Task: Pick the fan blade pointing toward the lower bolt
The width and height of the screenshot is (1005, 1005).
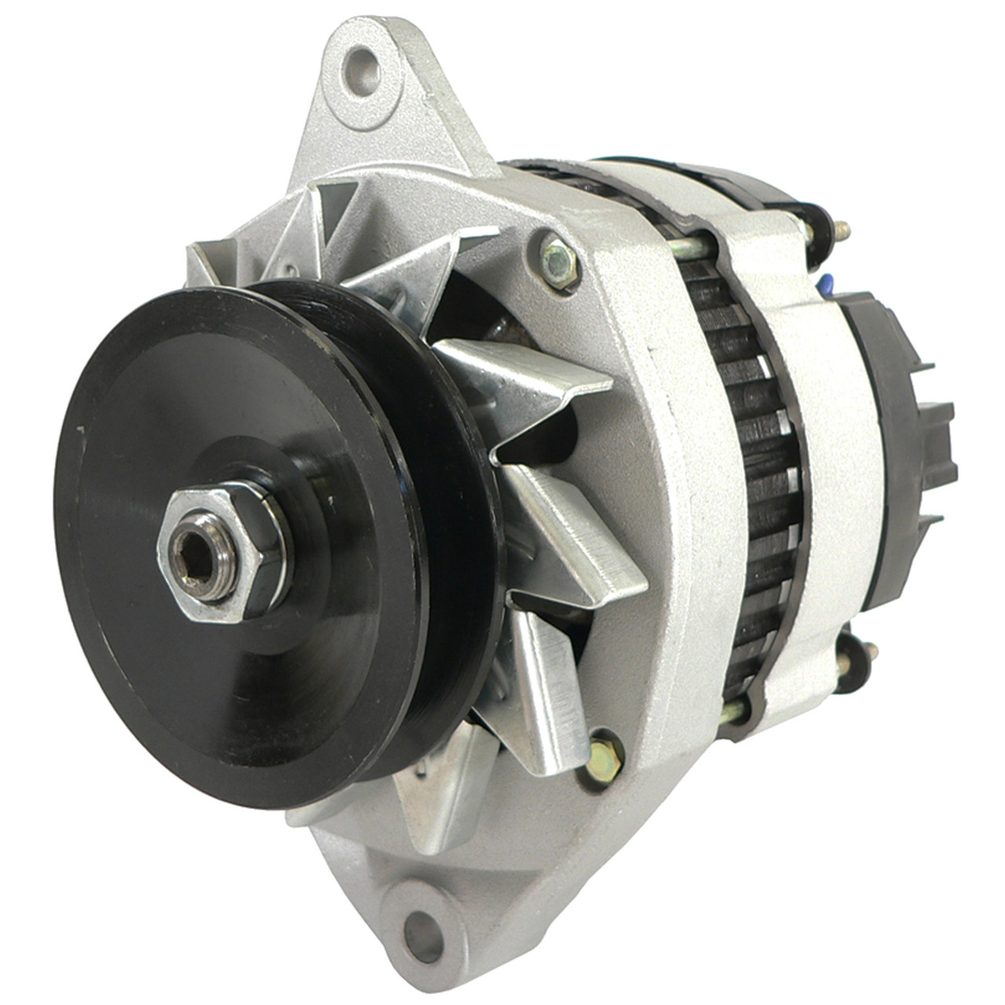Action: [550, 683]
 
